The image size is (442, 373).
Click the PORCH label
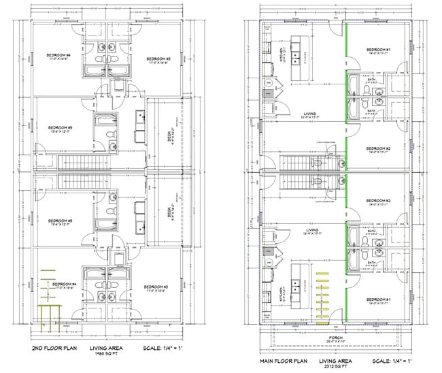(338, 337)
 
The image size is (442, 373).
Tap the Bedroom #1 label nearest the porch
(377, 299)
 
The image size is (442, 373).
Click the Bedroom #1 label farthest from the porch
(377, 49)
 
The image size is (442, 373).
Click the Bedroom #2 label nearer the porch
(377, 201)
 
